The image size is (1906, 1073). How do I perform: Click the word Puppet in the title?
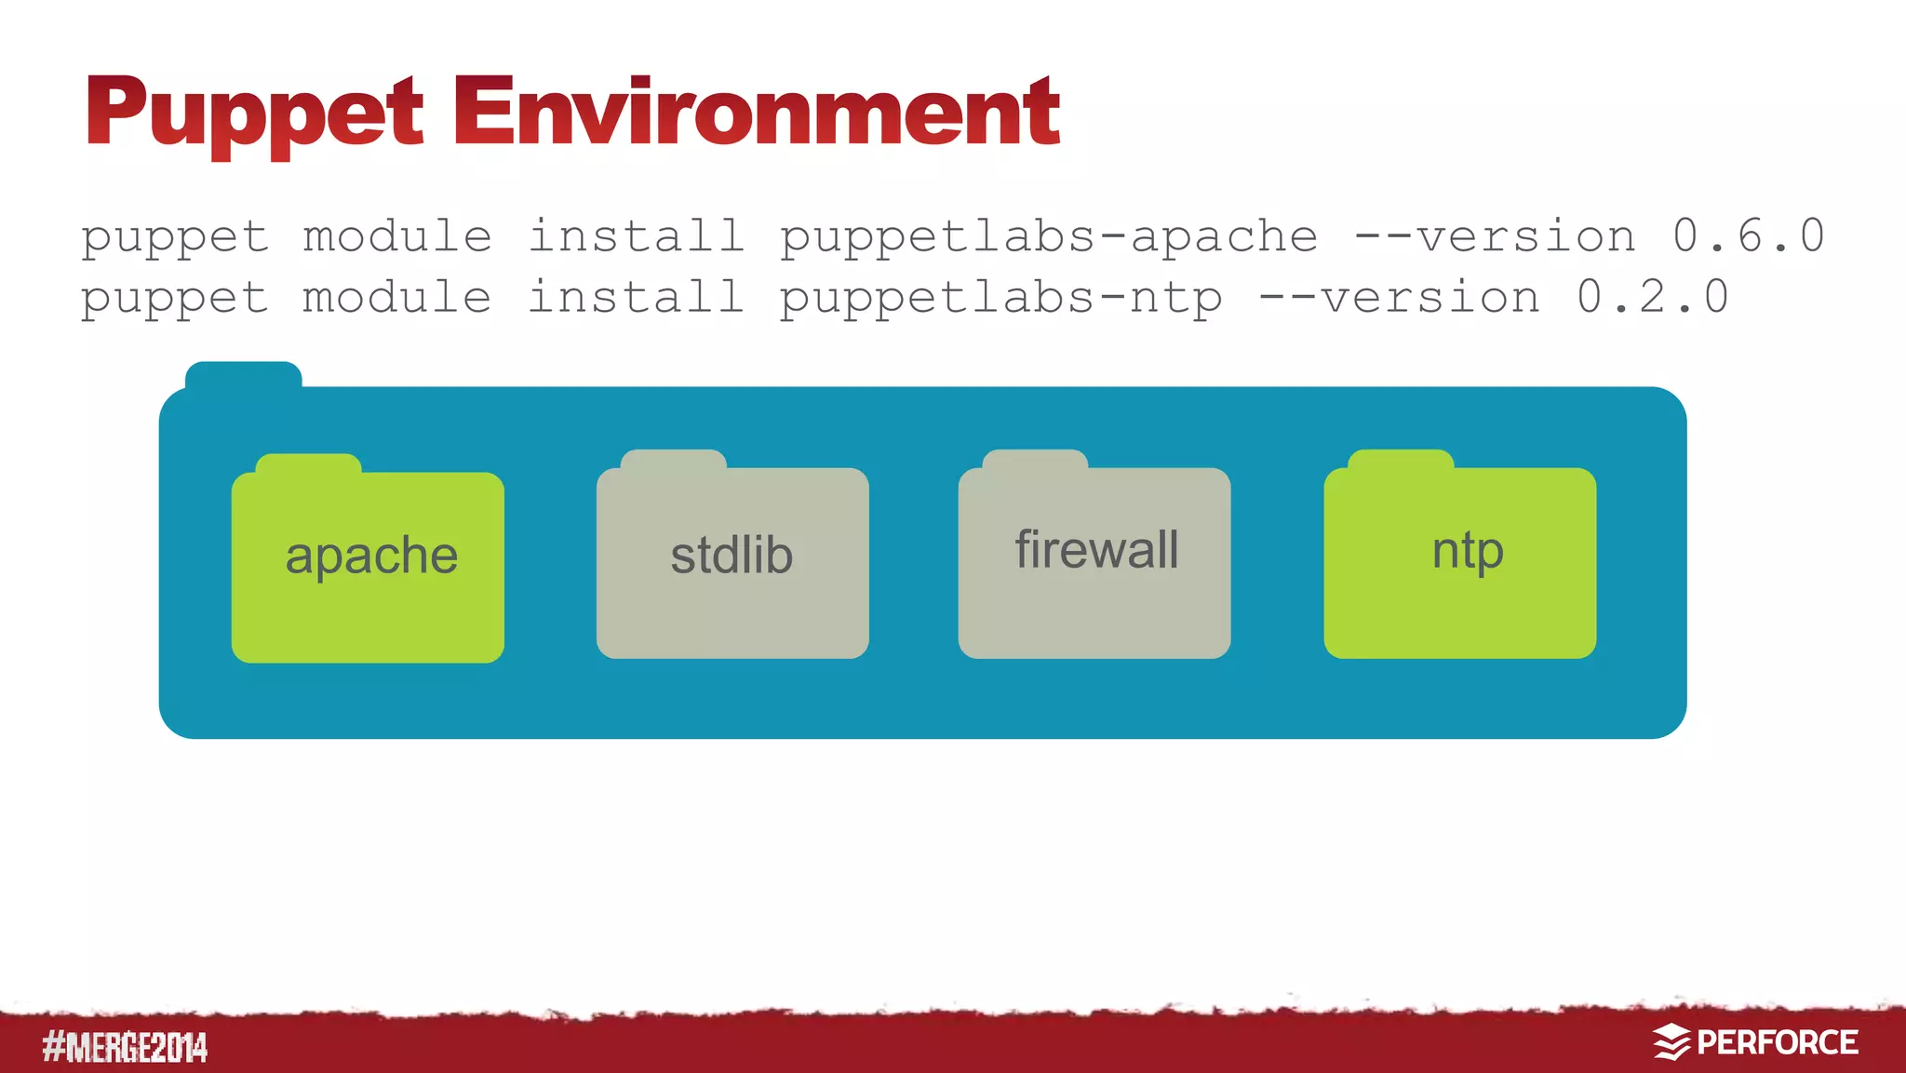click(253, 114)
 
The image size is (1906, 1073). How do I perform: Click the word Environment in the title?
click(756, 114)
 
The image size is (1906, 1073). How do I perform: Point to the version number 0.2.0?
click(1652, 298)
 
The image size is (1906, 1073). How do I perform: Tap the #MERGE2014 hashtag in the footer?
click(125, 1048)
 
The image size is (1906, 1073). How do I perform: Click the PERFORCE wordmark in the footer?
click(1777, 1043)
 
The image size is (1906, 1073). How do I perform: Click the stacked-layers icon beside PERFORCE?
click(1671, 1043)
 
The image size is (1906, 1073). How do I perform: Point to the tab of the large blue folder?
click(243, 375)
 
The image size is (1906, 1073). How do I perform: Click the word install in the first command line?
click(636, 236)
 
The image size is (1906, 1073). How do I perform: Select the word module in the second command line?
click(397, 298)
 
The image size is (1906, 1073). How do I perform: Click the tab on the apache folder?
click(308, 464)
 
